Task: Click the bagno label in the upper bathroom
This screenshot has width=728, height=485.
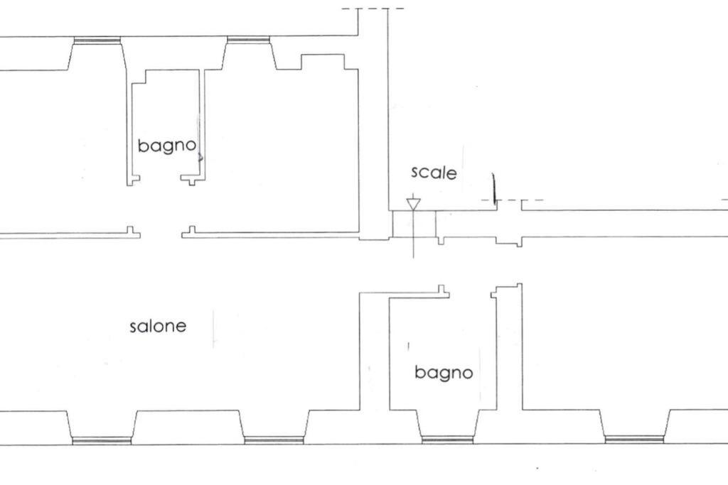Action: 167,146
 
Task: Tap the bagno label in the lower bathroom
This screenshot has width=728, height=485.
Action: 444,373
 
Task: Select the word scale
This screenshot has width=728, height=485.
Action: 434,173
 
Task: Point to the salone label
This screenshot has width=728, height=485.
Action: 158,326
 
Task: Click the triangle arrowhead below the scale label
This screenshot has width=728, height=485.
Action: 413,204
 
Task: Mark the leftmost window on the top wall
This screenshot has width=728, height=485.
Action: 97,40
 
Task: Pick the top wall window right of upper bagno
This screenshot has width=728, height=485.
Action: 248,40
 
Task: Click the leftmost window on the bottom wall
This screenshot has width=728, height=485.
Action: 102,440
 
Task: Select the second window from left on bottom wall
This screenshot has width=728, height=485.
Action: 274,440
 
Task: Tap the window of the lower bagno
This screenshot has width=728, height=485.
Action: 447,440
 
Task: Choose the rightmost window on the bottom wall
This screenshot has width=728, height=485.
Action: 634,440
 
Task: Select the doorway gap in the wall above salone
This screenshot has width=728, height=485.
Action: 161,234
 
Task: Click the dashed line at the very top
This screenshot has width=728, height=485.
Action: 373,9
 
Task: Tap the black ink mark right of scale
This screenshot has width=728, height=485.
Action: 494,188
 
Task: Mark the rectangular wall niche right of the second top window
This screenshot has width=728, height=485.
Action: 323,62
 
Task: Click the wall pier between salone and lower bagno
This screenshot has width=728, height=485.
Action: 374,352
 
